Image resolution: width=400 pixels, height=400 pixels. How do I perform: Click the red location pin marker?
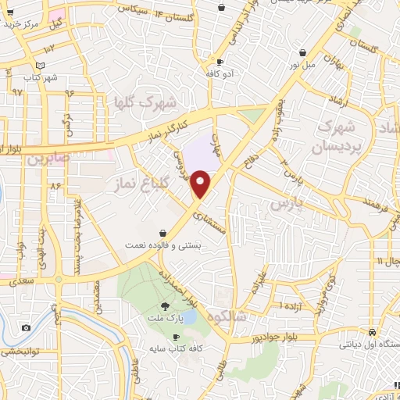(201, 184)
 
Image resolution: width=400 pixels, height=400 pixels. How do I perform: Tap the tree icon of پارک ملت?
(164, 305)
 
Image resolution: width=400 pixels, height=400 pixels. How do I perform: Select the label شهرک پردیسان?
(341, 136)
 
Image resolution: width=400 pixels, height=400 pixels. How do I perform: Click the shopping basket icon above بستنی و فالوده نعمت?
(162, 233)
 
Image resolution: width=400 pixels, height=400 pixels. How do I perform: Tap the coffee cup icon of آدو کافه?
(220, 62)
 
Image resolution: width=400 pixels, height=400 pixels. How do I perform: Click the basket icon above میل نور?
(302, 53)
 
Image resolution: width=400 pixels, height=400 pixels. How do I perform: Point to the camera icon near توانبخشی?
(26, 328)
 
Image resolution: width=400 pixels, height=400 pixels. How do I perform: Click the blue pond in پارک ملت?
(188, 316)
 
